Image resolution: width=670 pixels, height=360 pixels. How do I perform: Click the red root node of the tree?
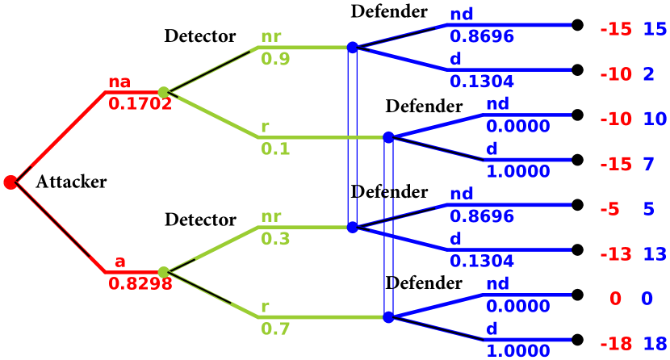tap(10, 182)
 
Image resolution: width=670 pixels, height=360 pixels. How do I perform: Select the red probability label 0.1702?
tap(140, 104)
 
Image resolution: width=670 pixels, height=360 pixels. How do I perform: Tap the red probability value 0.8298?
tap(140, 284)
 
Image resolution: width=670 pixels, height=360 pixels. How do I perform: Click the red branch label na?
tap(119, 82)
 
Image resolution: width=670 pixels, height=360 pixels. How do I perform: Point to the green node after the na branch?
tap(164, 93)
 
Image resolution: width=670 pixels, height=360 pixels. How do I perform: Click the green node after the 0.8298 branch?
tap(164, 272)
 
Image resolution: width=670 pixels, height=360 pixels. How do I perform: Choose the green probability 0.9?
tap(275, 59)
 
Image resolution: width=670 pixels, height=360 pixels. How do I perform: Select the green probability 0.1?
tap(275, 149)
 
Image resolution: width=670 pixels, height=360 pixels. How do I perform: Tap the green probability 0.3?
tap(275, 239)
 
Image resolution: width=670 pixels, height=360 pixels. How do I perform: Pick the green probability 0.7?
tap(275, 329)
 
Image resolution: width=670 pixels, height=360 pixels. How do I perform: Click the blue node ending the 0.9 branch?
tap(352, 48)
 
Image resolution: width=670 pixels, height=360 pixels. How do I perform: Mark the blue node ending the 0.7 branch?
tap(388, 317)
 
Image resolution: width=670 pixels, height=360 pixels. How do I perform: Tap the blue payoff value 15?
tap(655, 30)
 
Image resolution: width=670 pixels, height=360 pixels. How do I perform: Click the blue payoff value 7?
tap(648, 165)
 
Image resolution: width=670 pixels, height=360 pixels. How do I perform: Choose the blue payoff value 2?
tap(648, 74)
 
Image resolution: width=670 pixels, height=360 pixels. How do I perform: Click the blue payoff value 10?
tap(655, 119)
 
